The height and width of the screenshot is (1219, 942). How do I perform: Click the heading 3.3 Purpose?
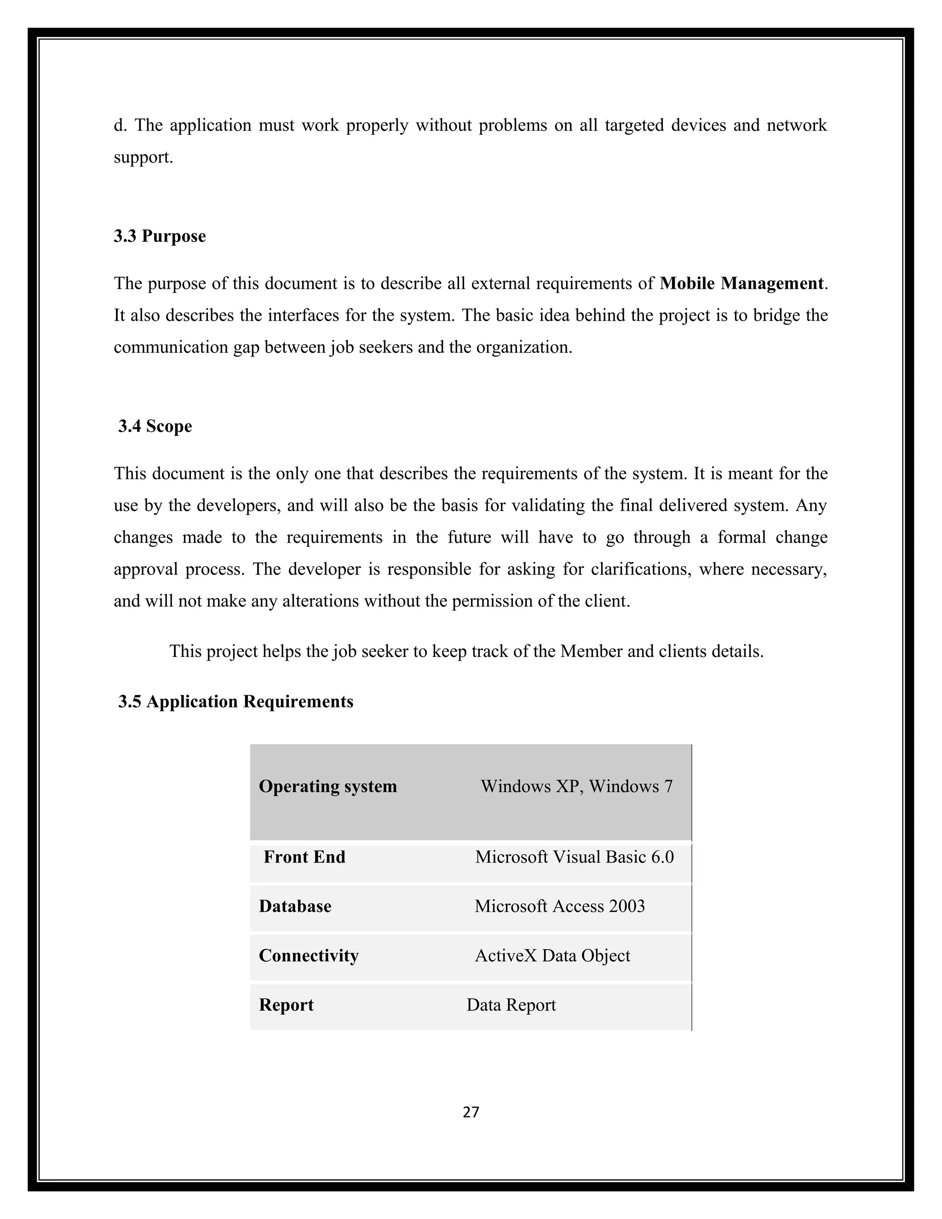click(x=160, y=236)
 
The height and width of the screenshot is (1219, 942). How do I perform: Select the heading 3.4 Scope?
click(x=155, y=426)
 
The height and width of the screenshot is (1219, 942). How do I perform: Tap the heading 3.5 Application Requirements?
click(x=235, y=701)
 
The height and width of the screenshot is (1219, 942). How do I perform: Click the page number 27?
click(x=471, y=1112)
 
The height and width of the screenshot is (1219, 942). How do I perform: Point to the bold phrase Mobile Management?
click(x=741, y=283)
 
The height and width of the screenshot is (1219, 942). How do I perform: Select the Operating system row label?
click(x=327, y=787)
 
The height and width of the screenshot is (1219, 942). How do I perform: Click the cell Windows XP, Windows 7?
click(x=576, y=787)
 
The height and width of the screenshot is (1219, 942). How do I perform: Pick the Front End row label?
click(x=304, y=857)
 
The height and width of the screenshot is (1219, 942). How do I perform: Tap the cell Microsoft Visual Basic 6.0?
click(x=574, y=857)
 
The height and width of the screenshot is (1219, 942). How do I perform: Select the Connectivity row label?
click(x=308, y=955)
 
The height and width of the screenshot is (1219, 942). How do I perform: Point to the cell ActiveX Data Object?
click(x=552, y=955)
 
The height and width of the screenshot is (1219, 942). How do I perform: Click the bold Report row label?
click(x=286, y=1005)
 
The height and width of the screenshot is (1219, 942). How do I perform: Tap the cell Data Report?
click(x=511, y=1005)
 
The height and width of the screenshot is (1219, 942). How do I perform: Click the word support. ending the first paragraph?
click(x=144, y=158)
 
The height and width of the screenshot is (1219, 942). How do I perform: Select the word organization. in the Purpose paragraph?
click(x=524, y=348)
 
